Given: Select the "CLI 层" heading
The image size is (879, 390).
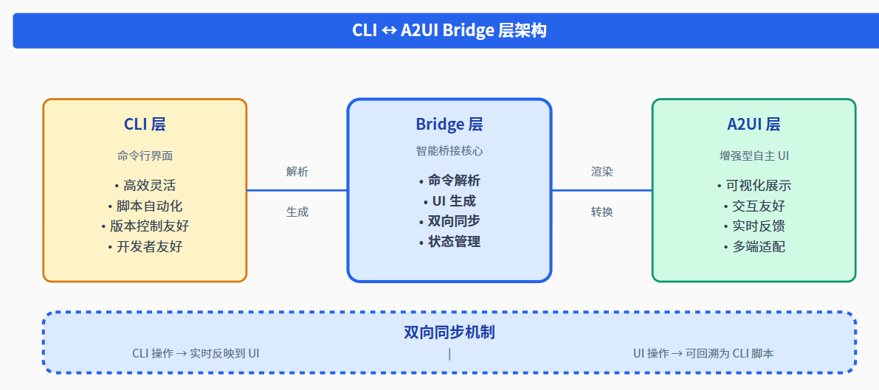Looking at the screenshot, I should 145,124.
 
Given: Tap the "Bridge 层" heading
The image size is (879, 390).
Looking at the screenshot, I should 449,124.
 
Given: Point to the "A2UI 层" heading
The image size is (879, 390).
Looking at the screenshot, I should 754,124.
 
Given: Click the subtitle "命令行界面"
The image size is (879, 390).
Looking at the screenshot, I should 145,156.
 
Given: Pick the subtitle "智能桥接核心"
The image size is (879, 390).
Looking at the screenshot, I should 449,151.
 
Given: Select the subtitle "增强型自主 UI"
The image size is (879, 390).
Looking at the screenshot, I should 754,156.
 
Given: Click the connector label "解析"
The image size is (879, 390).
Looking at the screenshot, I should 297,172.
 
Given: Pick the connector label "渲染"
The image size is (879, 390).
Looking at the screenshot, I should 601,172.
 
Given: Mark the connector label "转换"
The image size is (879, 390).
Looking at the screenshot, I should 601,212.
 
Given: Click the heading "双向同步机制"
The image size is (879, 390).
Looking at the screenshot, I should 449,332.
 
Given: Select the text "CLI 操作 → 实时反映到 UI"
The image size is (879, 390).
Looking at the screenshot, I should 196,354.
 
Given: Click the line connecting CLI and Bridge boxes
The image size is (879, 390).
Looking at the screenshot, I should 297,190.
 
